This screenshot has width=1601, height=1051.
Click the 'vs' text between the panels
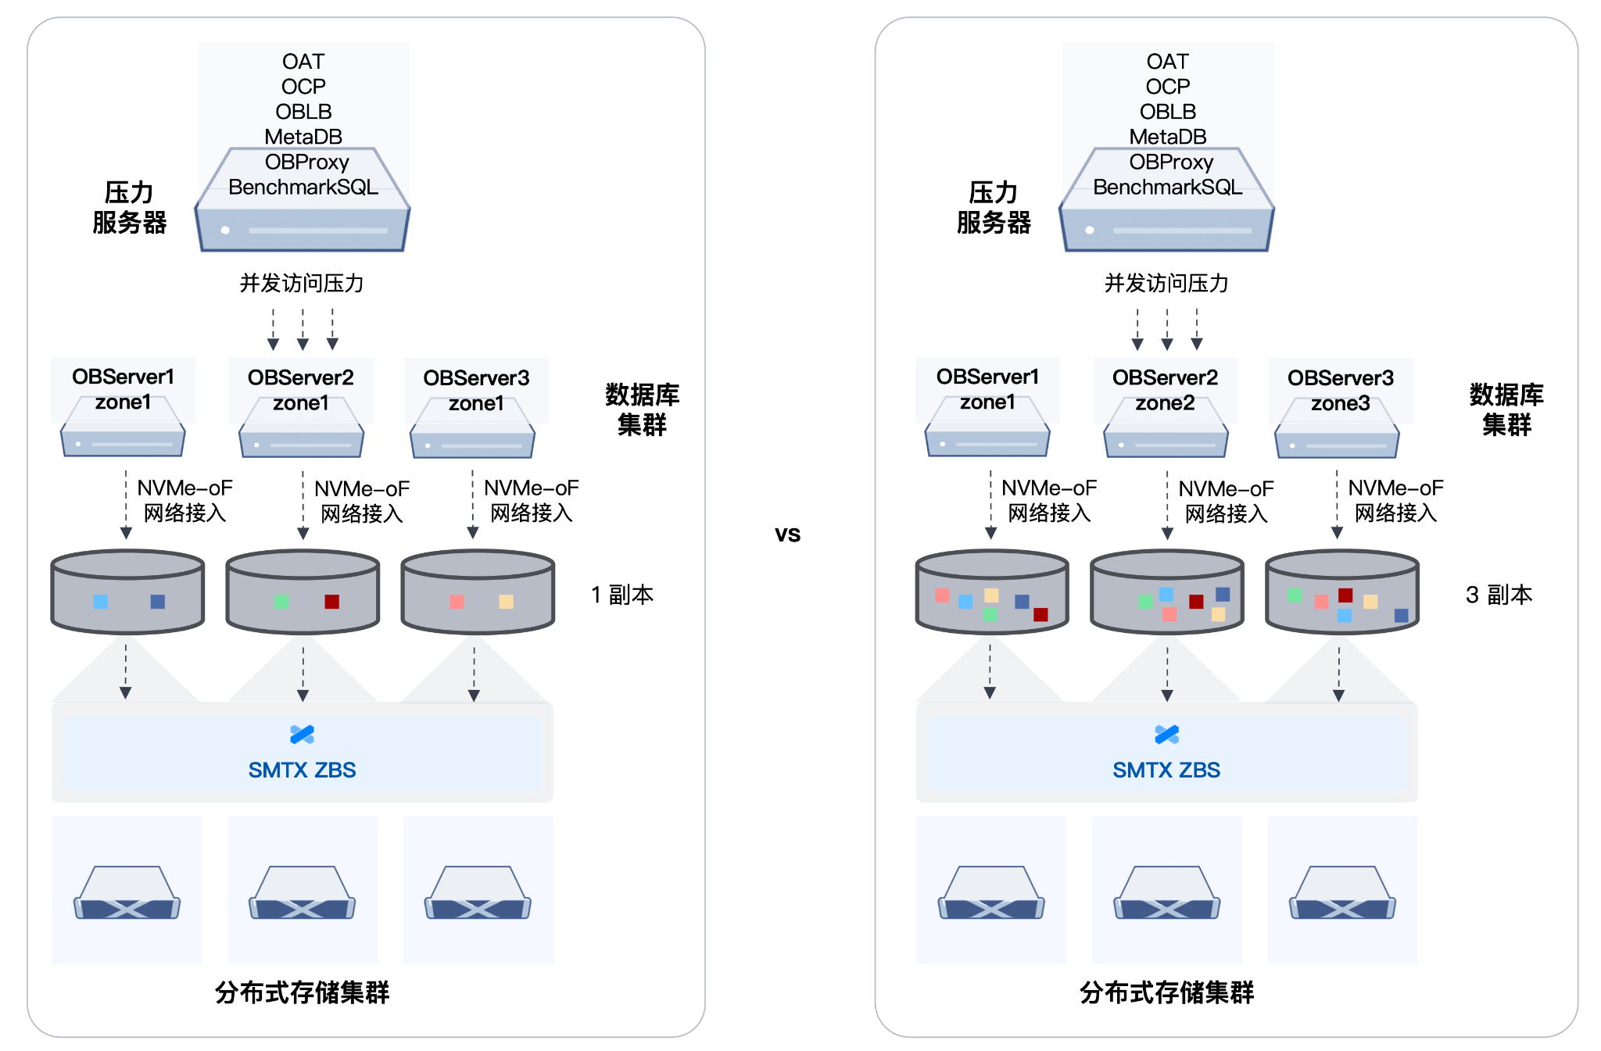787,534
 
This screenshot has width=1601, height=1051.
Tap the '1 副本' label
621,595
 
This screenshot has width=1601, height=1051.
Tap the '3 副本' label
1498,595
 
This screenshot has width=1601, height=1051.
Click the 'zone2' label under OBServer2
1165,403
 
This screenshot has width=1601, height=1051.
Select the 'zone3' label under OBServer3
1340,403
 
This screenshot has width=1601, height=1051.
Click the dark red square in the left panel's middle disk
331,601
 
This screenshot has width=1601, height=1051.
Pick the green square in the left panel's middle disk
281,602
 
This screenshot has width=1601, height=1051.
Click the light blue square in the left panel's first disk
101,602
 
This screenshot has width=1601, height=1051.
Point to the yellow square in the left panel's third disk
506,602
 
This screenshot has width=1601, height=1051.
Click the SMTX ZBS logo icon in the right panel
1166,735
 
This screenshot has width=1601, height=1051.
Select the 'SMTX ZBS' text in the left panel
302,770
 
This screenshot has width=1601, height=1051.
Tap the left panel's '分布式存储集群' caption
302,992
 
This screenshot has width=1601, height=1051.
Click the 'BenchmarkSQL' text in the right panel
1167,187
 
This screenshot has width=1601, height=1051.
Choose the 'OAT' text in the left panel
303,62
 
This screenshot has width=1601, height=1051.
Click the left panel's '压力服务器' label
129,207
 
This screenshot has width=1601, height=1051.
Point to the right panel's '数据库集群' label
1506,409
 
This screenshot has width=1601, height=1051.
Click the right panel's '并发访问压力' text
1166,283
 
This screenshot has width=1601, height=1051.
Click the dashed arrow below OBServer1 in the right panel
990,504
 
